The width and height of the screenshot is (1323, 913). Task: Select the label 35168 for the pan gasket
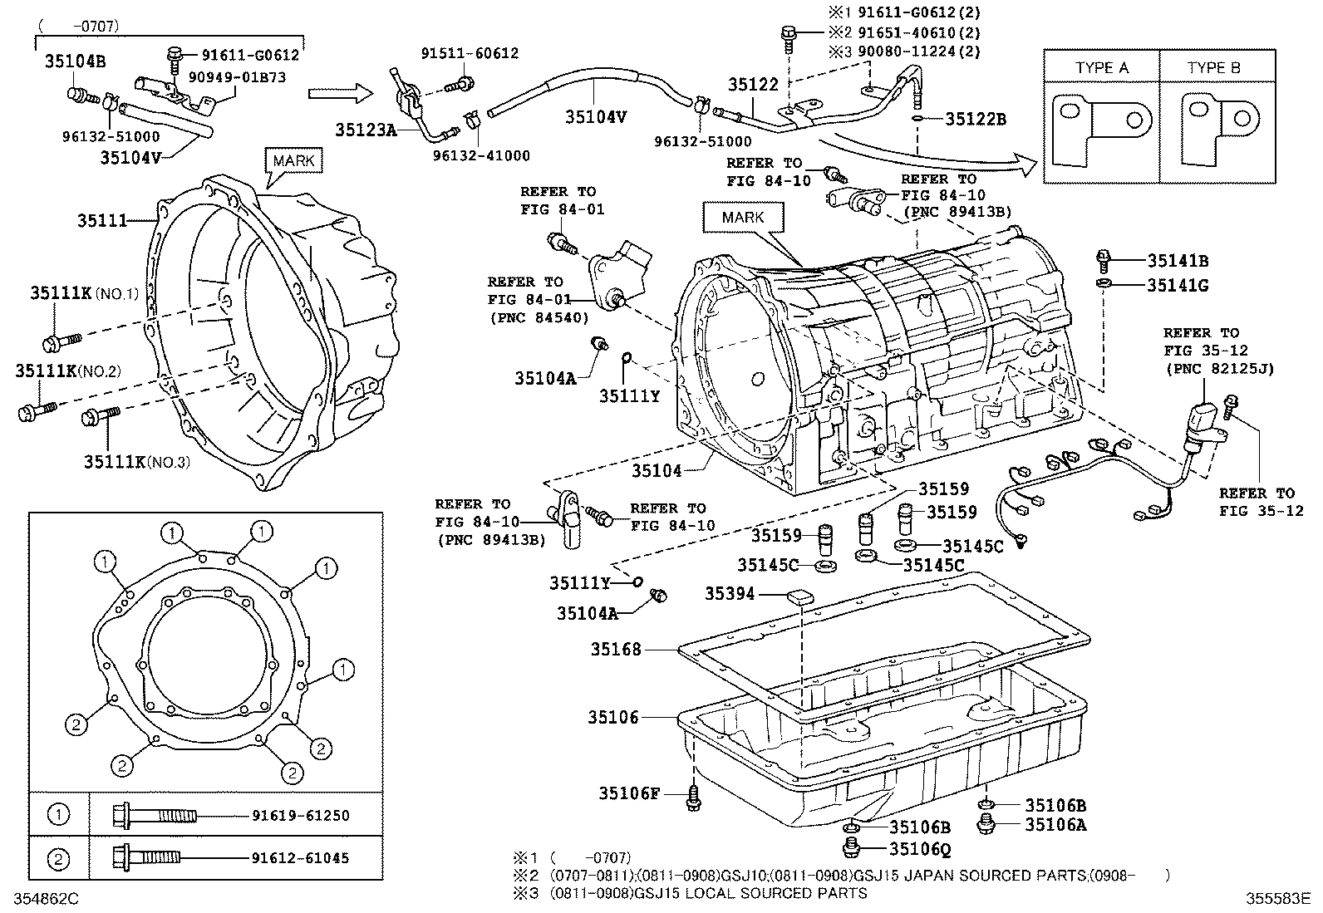(x=616, y=649)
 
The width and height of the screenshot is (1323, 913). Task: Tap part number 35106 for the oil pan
(x=612, y=717)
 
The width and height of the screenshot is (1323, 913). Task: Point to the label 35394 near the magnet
(x=730, y=593)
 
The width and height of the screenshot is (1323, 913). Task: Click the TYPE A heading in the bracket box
(x=1101, y=67)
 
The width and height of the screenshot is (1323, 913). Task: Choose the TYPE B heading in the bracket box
(x=1213, y=67)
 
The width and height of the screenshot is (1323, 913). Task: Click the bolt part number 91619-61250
(x=300, y=815)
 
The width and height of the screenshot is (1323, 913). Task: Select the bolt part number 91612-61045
(x=300, y=858)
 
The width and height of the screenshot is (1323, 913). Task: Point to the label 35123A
(x=366, y=130)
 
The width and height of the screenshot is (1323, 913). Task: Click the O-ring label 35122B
(x=976, y=119)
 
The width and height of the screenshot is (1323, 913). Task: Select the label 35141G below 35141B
(x=1178, y=285)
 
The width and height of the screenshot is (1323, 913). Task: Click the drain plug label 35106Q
(x=920, y=849)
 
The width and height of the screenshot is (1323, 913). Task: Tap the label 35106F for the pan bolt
(x=629, y=793)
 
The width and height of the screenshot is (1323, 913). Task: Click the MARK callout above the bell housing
(x=293, y=160)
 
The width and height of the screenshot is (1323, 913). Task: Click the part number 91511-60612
(x=470, y=53)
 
